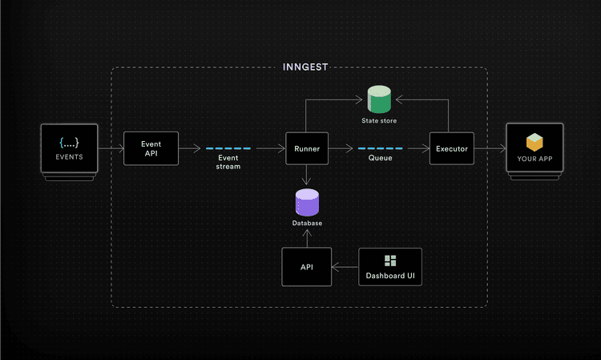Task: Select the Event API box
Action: pos(151,148)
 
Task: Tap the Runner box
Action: pos(309,148)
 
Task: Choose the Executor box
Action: pos(451,148)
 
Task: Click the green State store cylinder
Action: pos(378,100)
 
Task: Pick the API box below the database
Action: pos(307,266)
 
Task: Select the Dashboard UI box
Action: pos(390,267)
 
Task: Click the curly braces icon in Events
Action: pos(69,143)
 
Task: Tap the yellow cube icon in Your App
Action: pos(534,143)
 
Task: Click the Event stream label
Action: pos(228,163)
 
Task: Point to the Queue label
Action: pos(380,159)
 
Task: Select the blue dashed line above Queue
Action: pos(380,148)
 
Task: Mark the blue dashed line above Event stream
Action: pos(228,148)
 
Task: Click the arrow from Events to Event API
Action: pos(111,148)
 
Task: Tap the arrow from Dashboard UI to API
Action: pos(345,267)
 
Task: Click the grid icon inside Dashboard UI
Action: pos(390,261)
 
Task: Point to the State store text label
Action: pos(379,121)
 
